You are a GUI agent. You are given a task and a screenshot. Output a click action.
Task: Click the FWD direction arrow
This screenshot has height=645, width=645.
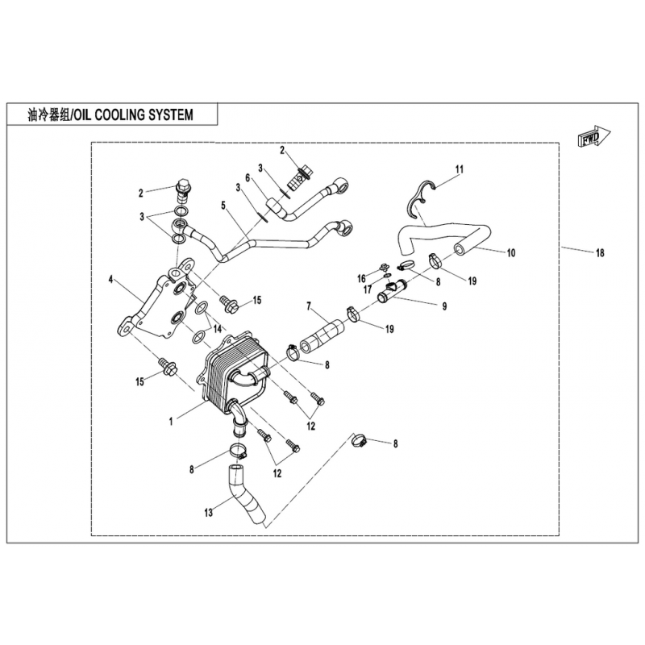(594, 137)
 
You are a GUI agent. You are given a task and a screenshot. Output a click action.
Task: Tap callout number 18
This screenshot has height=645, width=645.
(600, 253)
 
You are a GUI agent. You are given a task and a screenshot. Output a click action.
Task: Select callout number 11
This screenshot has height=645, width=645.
(459, 169)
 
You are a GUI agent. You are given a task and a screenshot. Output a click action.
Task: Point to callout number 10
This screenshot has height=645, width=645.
(511, 252)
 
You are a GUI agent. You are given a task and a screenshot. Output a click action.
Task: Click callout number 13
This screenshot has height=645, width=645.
(209, 513)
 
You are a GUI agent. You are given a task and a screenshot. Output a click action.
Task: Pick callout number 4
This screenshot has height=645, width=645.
(110, 280)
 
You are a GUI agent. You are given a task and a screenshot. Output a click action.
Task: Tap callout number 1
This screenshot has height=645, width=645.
(171, 421)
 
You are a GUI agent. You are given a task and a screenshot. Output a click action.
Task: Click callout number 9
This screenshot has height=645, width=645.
(444, 306)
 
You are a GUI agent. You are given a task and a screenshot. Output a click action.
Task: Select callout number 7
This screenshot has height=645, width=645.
(309, 306)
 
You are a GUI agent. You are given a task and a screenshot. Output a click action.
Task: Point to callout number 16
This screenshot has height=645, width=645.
(361, 279)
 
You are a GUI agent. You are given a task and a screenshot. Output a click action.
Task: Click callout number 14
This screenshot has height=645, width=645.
(217, 329)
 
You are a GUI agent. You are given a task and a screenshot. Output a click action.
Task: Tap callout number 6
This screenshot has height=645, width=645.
(248, 177)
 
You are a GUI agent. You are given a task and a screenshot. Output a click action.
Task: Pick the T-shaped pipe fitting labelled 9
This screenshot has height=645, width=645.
(391, 291)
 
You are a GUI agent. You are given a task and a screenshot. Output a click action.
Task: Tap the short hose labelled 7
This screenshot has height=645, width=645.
(323, 334)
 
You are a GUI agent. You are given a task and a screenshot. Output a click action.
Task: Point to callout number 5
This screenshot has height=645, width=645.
(224, 205)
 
